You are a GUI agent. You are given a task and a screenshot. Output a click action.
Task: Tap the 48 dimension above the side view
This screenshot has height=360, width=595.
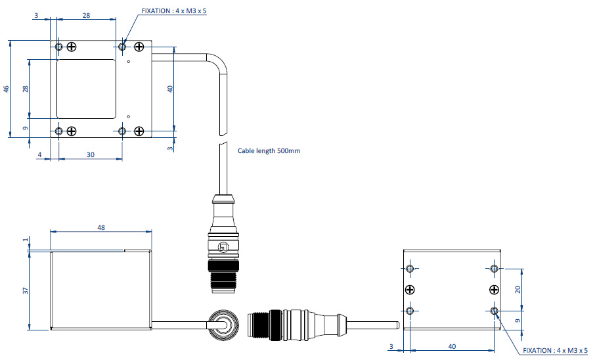pyautogui.click(x=100, y=227)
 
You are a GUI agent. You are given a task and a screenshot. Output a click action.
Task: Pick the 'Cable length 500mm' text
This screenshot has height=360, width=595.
pyautogui.click(x=269, y=150)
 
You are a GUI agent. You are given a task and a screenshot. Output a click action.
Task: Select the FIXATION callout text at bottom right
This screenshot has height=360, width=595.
pyautogui.click(x=554, y=351)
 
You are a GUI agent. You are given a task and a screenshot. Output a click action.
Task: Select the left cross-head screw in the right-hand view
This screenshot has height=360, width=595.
pyautogui.click(x=410, y=290)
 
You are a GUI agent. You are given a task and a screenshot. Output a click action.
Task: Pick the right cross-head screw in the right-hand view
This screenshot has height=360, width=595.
pyautogui.click(x=494, y=290)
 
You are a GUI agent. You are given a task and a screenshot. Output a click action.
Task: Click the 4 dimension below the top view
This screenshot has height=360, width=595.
pyautogui.click(x=39, y=155)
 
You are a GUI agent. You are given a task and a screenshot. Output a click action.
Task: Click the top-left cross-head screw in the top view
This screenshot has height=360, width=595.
pyautogui.click(x=72, y=47)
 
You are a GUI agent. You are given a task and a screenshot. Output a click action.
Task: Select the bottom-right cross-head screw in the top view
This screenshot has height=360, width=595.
pyautogui.click(x=139, y=131)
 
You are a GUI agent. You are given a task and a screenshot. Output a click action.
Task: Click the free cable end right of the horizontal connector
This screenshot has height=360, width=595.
pyautogui.click(x=395, y=325)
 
